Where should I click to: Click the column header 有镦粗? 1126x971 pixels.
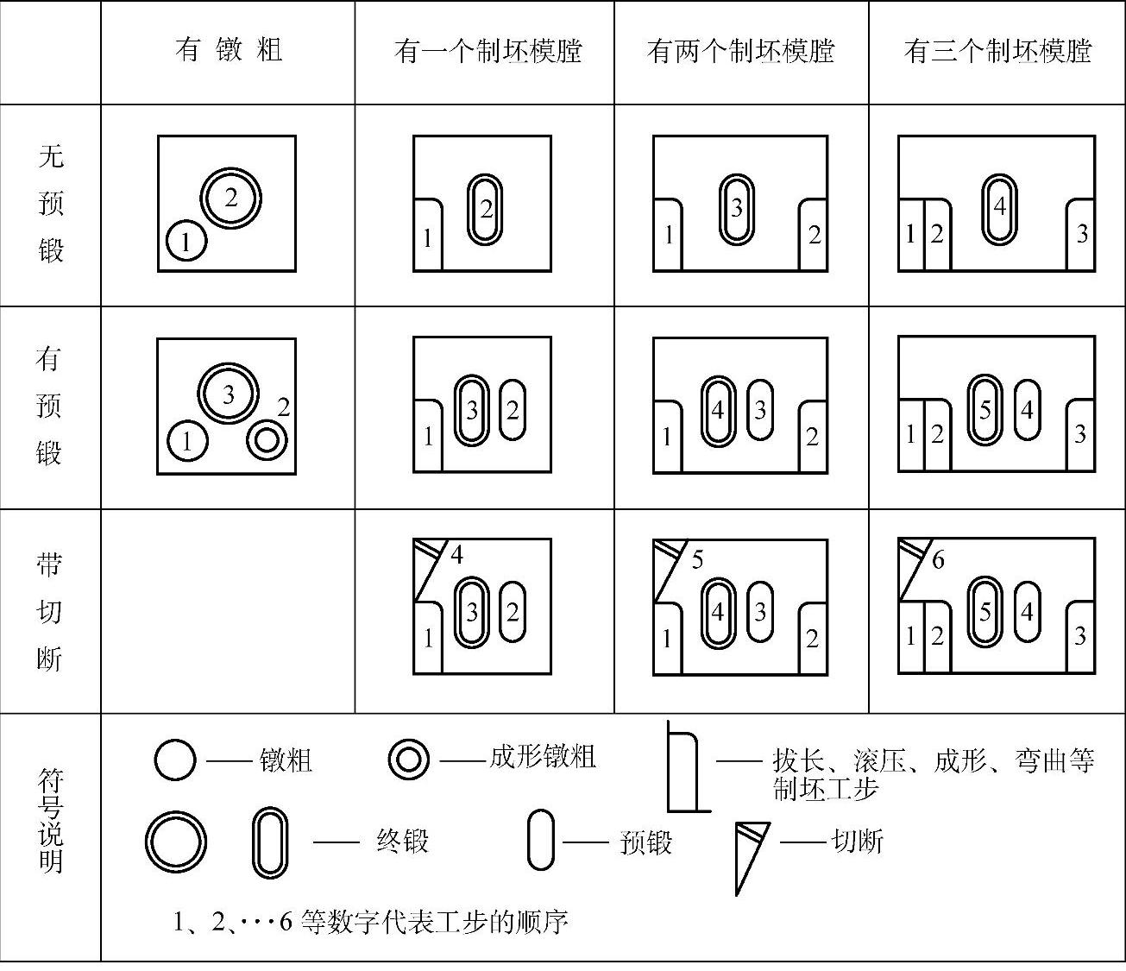click(229, 50)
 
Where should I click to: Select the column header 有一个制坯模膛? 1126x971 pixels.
click(488, 51)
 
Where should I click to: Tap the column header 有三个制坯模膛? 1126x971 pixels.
click(997, 51)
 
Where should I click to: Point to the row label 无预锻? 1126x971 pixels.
click(51, 204)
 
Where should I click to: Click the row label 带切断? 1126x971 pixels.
click(49, 611)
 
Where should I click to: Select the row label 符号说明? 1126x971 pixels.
click(51, 820)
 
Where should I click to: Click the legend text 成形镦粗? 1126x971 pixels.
click(543, 757)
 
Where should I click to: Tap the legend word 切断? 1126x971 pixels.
click(857, 841)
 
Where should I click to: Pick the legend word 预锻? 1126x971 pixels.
click(645, 842)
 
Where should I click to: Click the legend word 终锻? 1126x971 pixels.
click(402, 841)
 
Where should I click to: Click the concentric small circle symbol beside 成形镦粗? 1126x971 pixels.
click(408, 760)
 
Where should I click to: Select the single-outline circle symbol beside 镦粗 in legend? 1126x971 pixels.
click(175, 760)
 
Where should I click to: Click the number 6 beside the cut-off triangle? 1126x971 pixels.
click(938, 559)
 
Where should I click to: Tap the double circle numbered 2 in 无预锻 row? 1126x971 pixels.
click(231, 199)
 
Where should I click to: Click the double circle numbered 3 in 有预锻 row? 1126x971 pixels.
click(229, 394)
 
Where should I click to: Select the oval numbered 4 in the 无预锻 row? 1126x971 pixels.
click(999, 208)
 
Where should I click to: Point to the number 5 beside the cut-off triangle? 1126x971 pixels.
click(697, 560)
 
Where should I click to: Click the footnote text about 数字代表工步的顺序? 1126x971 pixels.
click(371, 922)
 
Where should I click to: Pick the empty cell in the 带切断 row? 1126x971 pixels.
click(228, 611)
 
